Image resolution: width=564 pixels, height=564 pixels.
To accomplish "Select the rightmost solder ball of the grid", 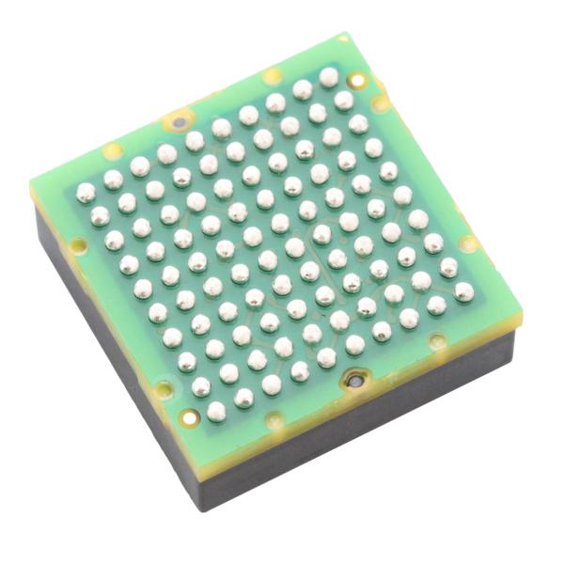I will click(x=463, y=292).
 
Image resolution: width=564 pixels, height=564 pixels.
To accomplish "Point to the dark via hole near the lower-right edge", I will click(x=355, y=383).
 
